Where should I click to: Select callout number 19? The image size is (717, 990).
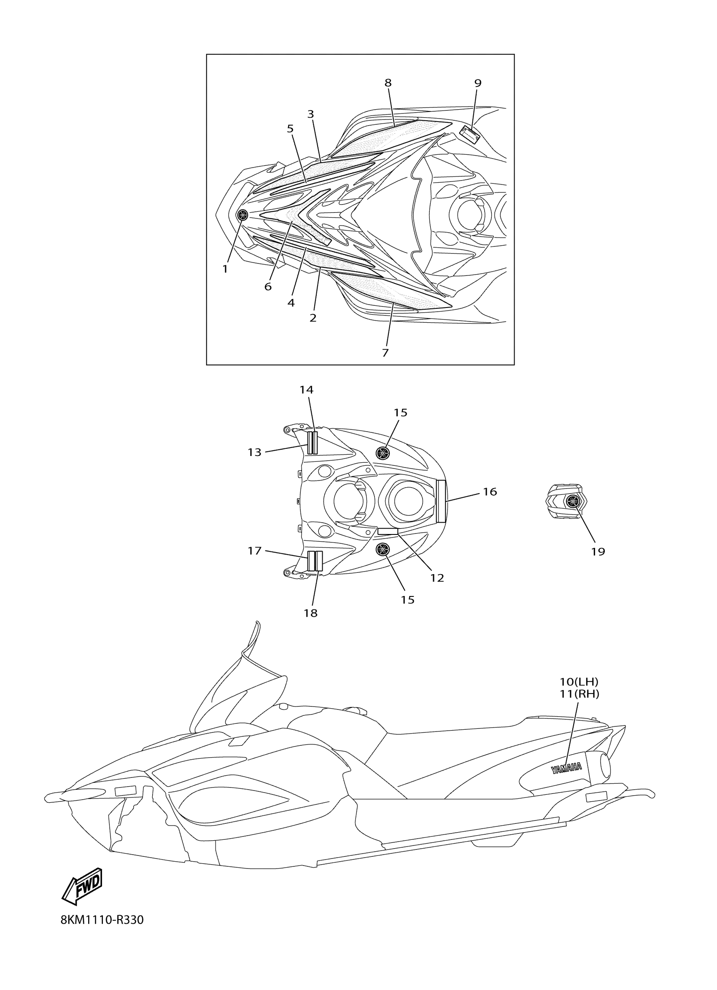click(x=598, y=551)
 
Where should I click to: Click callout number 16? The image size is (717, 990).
click(x=490, y=491)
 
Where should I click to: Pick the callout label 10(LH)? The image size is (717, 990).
click(x=579, y=681)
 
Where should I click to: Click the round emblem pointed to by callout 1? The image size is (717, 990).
click(x=242, y=214)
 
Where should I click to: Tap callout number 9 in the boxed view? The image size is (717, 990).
click(x=477, y=83)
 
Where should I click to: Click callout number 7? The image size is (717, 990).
click(x=385, y=353)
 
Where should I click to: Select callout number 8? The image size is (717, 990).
click(x=388, y=83)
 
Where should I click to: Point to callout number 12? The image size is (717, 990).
click(x=437, y=577)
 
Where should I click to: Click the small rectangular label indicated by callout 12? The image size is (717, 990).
click(x=388, y=531)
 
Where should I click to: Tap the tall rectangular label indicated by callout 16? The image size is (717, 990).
click(x=441, y=501)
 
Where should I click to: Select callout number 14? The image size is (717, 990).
click(x=306, y=389)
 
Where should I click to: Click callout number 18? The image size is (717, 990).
click(x=311, y=613)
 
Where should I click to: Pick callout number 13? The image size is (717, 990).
click(x=254, y=452)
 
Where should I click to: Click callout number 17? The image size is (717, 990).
click(x=254, y=551)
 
